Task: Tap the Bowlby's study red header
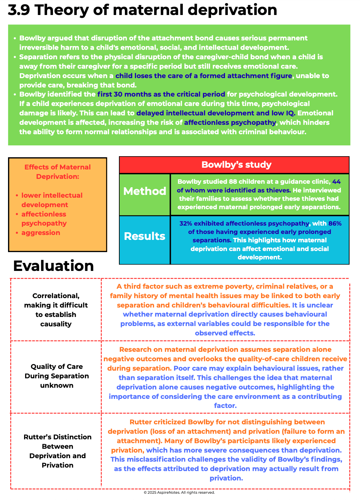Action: [x=236, y=165]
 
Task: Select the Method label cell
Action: [x=145, y=191]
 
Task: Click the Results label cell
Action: [x=144, y=236]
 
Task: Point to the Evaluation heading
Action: [x=53, y=266]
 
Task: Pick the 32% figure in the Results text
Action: [x=186, y=224]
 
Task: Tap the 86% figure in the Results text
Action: [x=335, y=224]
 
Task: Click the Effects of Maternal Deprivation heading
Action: [x=58, y=172]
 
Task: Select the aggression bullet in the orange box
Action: [x=40, y=233]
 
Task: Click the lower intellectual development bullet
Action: [x=52, y=200]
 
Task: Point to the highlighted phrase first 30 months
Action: [x=124, y=94]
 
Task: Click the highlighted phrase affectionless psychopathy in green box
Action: [x=230, y=122]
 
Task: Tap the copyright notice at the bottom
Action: [x=179, y=492]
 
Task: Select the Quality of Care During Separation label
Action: [x=57, y=376]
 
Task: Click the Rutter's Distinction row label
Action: [x=58, y=451]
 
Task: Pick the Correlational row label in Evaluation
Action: [x=56, y=310]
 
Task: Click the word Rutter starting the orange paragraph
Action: [x=140, y=422]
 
